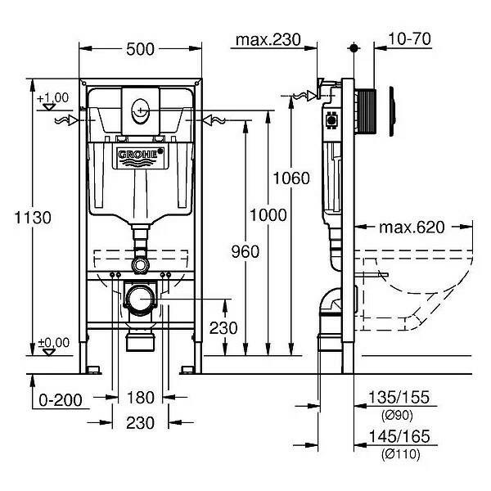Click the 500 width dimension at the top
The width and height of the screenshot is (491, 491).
(141, 48)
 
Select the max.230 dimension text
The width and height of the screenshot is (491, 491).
(268, 39)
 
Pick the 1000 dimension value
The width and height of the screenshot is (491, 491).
(269, 214)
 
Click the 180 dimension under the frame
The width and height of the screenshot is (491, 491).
(142, 399)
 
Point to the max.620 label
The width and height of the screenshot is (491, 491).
(411, 227)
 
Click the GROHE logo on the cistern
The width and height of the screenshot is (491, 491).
(141, 157)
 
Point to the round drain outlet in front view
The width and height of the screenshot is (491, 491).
(141, 299)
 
